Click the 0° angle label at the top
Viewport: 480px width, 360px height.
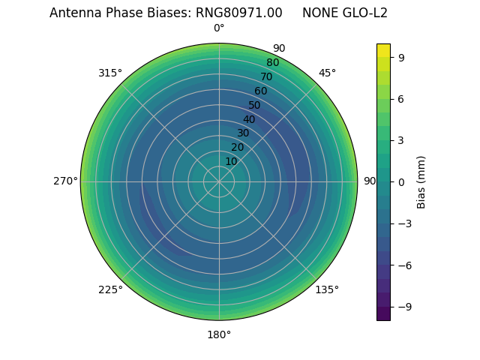[x=219, y=28]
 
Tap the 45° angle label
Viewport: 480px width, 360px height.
[x=327, y=73]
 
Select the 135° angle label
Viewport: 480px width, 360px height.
[x=327, y=289]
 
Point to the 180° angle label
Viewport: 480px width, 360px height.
[x=219, y=334]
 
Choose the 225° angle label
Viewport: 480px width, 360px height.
[x=110, y=289]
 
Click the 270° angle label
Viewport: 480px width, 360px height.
[x=65, y=181]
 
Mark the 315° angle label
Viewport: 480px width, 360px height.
[x=110, y=73]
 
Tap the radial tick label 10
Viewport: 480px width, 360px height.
[x=231, y=161]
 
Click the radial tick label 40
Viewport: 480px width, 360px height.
[x=249, y=119]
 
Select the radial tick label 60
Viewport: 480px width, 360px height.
[x=260, y=91]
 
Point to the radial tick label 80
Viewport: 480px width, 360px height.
[x=272, y=62]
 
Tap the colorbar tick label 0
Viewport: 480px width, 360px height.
[x=402, y=181]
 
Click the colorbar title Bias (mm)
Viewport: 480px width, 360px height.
[x=421, y=181]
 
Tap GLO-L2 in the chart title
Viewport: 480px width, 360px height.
[x=365, y=13]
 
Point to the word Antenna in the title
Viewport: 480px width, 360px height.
[x=74, y=13]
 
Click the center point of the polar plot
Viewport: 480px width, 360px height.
[x=219, y=181]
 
